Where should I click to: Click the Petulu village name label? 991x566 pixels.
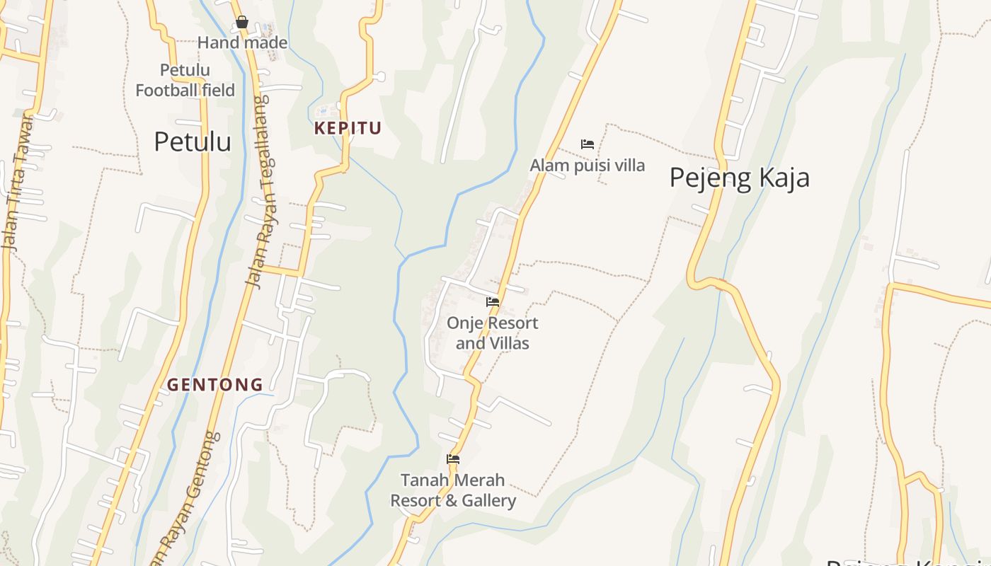point(192,142)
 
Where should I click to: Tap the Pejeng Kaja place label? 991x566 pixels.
point(739,178)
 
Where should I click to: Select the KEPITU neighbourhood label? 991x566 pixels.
point(348,129)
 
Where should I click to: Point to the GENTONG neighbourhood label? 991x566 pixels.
point(215,386)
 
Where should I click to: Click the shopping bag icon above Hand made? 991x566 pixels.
point(242,23)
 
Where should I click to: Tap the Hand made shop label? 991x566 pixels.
point(242,43)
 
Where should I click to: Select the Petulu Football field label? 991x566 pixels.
point(185,81)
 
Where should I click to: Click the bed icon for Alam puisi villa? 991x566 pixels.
point(587,144)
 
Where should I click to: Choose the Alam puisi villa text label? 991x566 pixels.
point(588,166)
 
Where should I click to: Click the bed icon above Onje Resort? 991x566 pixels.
point(493,302)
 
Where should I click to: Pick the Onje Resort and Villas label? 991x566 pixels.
point(492,333)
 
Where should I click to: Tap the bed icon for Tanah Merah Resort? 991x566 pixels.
point(453,459)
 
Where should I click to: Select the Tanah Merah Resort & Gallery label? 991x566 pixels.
point(453,490)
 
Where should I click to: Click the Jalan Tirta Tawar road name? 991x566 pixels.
point(18,183)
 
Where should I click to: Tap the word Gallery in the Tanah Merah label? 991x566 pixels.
point(485,501)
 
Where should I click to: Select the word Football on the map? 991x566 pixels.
point(167,91)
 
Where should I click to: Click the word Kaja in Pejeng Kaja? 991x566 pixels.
point(782,178)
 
